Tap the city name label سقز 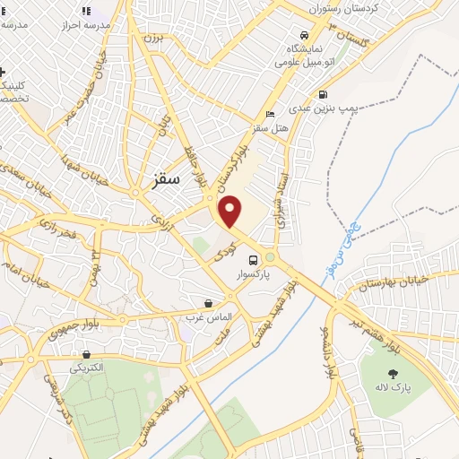pyautogui.click(x=161, y=178)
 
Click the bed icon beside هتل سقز pyautogui.click(x=270, y=115)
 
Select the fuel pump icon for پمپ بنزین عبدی pyautogui.click(x=324, y=94)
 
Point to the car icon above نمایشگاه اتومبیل pyautogui.click(x=303, y=35)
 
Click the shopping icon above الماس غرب pyautogui.click(x=209, y=304)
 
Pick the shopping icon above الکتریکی pyautogui.click(x=86, y=355)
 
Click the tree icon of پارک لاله pyautogui.click(x=392, y=372)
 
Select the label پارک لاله pyautogui.click(x=393, y=387)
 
